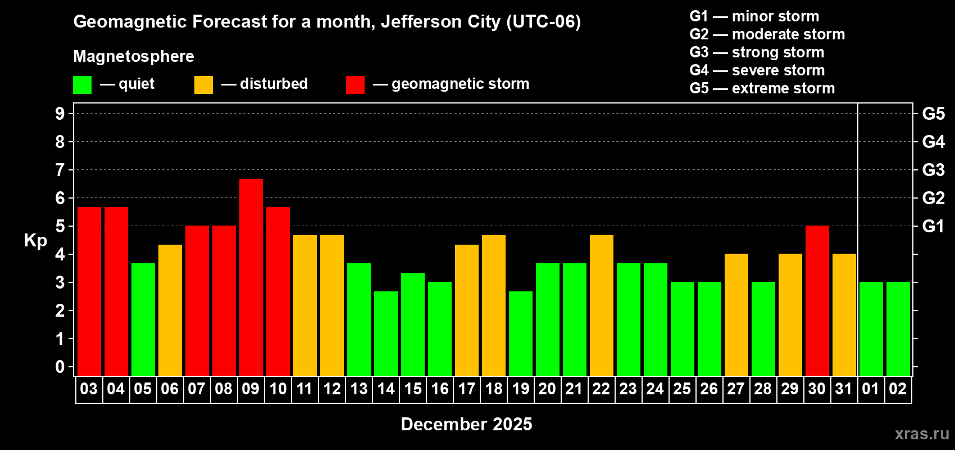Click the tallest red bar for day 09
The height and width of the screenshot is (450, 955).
click(x=251, y=277)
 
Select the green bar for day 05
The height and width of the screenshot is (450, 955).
click(x=143, y=319)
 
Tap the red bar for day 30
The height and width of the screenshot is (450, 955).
click(x=817, y=300)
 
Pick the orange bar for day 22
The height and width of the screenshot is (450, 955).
click(x=601, y=305)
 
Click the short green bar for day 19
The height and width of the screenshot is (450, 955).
click(x=520, y=333)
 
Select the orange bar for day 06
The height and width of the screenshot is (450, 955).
click(x=170, y=310)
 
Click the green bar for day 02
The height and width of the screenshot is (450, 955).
click(x=898, y=328)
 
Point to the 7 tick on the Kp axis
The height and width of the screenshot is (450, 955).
click(x=60, y=170)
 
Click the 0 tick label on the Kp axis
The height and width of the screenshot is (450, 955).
click(x=60, y=367)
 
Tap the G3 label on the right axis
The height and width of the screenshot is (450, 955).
click(x=933, y=170)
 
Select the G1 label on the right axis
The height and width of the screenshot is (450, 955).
click(x=933, y=226)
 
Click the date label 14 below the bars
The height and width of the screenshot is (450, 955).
click(x=385, y=389)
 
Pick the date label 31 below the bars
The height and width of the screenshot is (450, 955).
click(x=844, y=389)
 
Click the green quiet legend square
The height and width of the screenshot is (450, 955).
click(x=82, y=85)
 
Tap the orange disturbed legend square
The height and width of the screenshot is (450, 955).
click(x=203, y=85)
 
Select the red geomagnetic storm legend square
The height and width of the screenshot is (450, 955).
click(x=355, y=85)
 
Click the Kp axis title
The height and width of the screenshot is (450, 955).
click(x=35, y=240)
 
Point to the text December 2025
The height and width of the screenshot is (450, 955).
click(x=466, y=424)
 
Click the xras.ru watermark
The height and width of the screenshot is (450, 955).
click(x=921, y=434)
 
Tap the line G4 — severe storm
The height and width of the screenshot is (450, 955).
click(x=757, y=70)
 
